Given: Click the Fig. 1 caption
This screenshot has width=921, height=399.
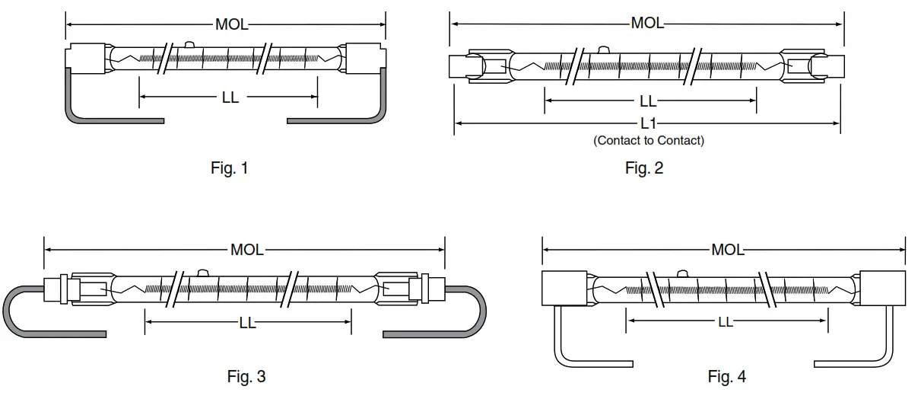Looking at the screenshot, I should tap(229, 168).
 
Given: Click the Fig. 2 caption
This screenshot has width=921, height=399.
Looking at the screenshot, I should tap(643, 168).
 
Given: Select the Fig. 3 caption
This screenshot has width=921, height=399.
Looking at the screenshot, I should tap(246, 376).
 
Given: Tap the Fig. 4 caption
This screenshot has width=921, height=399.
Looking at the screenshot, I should tap(726, 376).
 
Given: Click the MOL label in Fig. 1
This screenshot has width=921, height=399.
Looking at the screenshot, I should tap(231, 25).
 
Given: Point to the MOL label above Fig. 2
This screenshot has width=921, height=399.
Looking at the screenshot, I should tap(647, 24).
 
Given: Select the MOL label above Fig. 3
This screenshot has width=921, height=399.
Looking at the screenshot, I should tap(247, 250).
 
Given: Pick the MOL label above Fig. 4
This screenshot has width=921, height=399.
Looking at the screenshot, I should tap(727, 250).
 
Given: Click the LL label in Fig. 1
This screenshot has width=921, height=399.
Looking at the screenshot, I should tap(230, 97).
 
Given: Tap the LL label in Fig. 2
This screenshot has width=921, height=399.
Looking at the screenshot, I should tap(647, 101).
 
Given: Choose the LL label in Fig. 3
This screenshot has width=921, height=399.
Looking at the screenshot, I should tap(247, 323).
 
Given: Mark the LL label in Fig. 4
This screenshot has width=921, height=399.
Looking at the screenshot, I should tap(725, 322).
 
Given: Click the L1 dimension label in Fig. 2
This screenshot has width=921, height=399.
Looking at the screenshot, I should tap(648, 123).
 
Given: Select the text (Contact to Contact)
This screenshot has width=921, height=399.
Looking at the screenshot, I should tap(648, 141).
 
